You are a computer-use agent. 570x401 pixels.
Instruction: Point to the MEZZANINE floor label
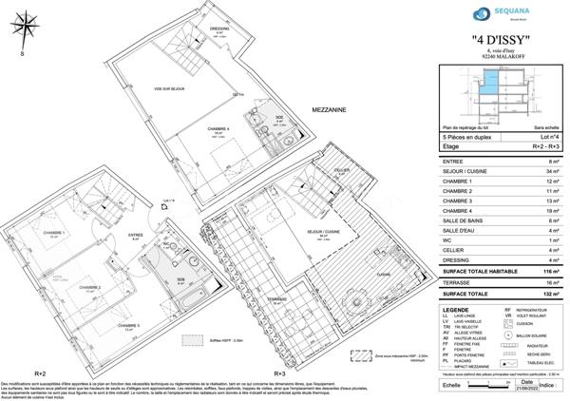[x=326, y=111]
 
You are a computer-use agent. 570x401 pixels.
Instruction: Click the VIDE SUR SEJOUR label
[x=172, y=89]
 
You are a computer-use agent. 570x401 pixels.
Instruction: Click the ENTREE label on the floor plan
[x=135, y=235]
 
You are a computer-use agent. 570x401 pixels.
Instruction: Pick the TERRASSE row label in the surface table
[x=460, y=283]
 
